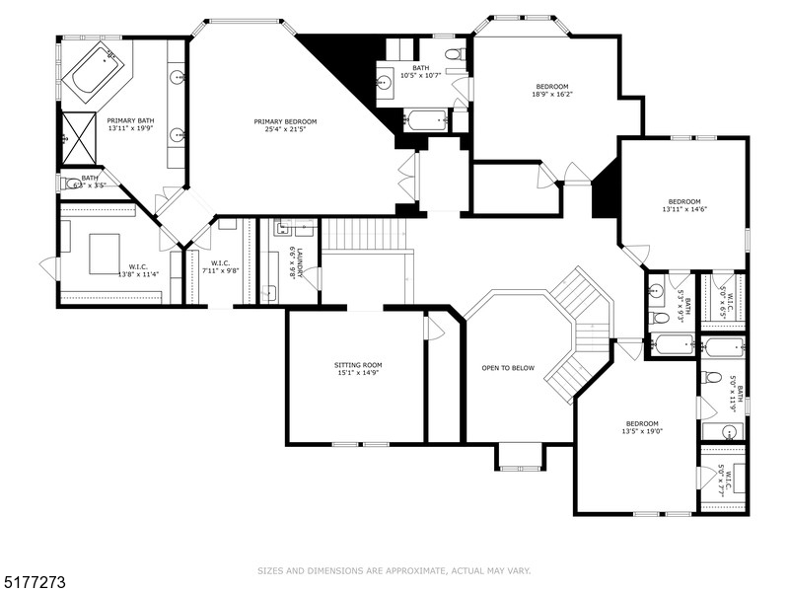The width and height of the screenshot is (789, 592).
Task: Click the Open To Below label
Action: (x=508, y=368)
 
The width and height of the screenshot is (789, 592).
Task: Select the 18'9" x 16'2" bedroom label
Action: (x=553, y=86)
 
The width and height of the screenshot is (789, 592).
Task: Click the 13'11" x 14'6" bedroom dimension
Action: (x=682, y=208)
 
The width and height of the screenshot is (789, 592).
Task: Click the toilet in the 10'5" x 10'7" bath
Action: (x=454, y=55)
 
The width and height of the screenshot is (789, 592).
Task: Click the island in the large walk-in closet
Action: (x=104, y=253)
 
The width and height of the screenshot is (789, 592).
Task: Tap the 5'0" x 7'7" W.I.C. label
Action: (x=725, y=479)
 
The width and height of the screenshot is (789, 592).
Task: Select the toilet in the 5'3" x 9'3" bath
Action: (x=660, y=318)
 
